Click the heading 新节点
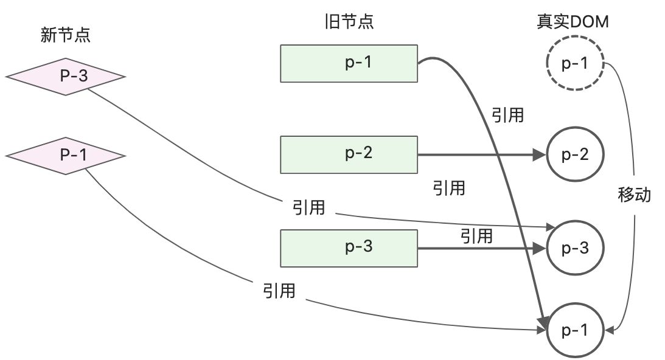click(65, 35)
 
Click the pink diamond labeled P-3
click(65, 77)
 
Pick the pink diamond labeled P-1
click(65, 156)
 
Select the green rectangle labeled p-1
click(349, 63)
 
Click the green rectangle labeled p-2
click(349, 154)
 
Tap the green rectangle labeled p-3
click(349, 248)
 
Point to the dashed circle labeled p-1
click(574, 63)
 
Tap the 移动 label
click(635, 195)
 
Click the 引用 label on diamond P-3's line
click(308, 208)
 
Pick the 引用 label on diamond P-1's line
click(279, 291)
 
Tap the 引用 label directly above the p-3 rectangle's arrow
click(476, 235)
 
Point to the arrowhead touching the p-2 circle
click(540, 155)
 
